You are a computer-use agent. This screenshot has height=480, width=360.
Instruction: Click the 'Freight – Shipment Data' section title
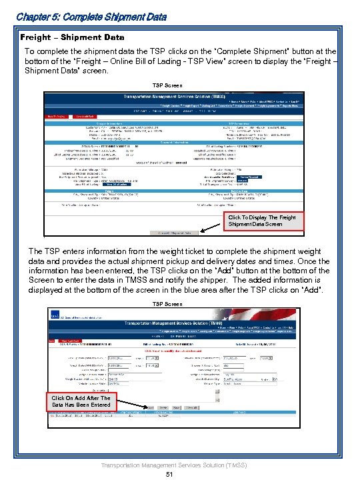pyautogui.click(x=73, y=37)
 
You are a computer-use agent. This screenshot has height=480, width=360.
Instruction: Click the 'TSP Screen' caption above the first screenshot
pyautogui.click(x=167, y=85)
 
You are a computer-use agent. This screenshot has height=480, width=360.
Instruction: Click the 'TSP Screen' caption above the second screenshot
pyautogui.click(x=167, y=304)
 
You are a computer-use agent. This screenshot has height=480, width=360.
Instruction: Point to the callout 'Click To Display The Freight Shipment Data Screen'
pyautogui.click(x=261, y=221)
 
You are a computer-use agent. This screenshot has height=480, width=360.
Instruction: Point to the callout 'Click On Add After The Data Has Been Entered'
pyautogui.click(x=81, y=401)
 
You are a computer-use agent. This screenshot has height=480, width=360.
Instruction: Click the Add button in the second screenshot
pyautogui.click(x=151, y=407)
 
